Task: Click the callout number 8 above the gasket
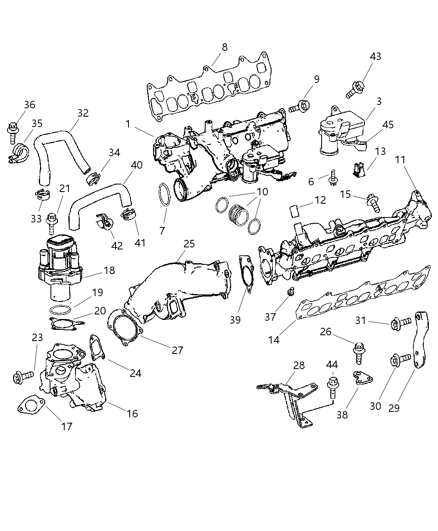224,47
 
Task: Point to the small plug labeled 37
290,292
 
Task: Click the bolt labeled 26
357,353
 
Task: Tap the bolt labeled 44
332,387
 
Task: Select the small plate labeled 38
362,377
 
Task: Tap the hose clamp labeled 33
42,194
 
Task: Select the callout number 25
189,244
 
